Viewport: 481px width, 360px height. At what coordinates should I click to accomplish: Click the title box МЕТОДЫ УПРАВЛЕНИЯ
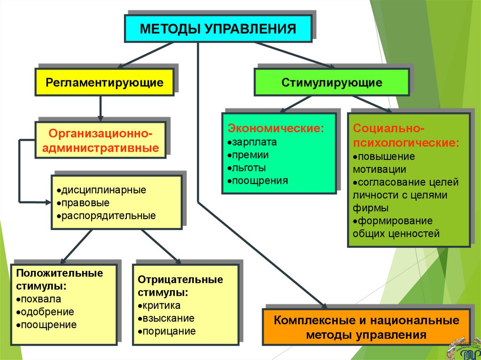coord(217,29)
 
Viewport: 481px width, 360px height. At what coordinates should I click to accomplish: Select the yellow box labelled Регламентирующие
coord(104,83)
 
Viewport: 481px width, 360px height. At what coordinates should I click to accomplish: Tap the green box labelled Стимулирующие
coord(332,83)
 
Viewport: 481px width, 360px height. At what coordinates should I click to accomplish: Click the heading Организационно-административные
coord(101,139)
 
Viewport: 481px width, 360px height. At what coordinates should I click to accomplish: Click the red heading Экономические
coord(276,128)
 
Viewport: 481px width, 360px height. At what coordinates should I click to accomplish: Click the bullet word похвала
coord(40,299)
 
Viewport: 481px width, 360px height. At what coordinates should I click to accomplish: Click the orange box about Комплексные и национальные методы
coord(366,328)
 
